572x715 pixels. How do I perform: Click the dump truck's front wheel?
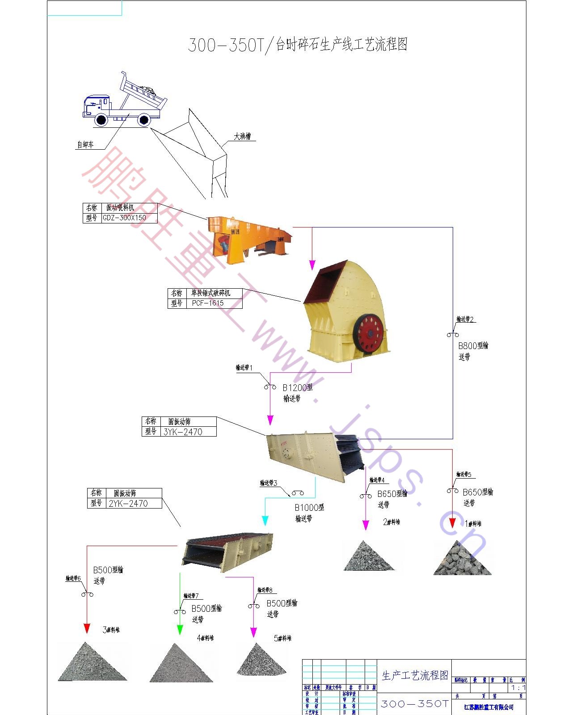[x=101, y=119]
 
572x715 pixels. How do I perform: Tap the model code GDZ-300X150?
[x=124, y=218]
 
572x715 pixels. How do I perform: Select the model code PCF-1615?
[x=208, y=303]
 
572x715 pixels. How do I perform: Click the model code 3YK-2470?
[x=183, y=432]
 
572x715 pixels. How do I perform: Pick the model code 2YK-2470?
[x=128, y=504]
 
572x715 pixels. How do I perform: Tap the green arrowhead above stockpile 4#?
[x=180, y=630]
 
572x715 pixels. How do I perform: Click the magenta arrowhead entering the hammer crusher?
[x=312, y=265]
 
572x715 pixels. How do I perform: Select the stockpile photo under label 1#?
[x=462, y=559]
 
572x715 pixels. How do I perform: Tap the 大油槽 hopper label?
[x=242, y=136]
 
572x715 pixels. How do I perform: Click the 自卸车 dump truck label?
[x=85, y=145]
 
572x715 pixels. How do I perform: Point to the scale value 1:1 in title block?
[x=518, y=688]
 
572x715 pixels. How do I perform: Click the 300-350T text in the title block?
[x=414, y=704]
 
